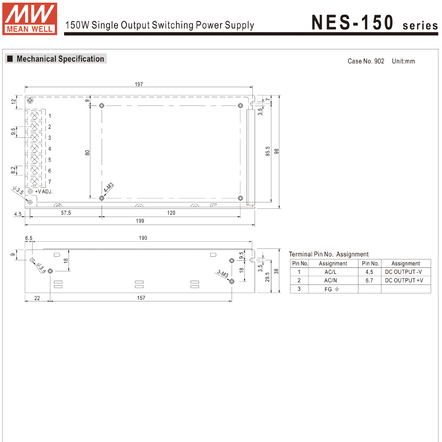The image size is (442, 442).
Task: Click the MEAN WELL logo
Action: [30, 19]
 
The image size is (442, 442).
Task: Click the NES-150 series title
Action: [375, 23]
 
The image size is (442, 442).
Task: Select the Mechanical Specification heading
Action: [60, 59]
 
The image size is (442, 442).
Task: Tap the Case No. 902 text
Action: [366, 61]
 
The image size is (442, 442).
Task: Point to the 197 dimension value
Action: [139, 84]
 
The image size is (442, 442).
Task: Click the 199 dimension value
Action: [140, 221]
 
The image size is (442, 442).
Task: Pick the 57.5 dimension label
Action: [66, 213]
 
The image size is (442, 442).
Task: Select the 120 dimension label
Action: [171, 213]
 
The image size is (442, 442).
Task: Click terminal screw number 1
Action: [34, 116]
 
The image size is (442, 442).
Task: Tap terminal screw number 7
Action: [34, 182]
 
